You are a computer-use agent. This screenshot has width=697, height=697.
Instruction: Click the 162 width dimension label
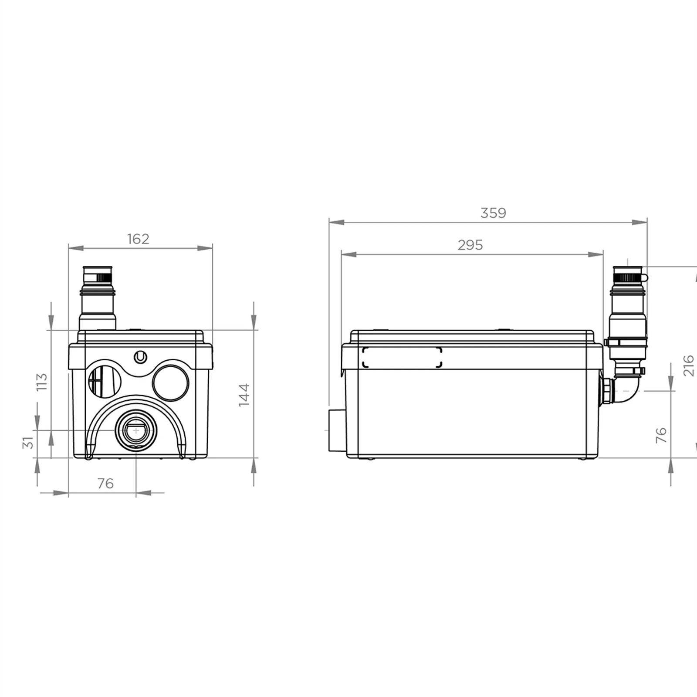[x=138, y=239]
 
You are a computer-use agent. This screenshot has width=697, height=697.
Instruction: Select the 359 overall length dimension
[x=493, y=213]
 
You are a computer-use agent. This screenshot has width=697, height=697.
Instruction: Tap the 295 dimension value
[x=470, y=245]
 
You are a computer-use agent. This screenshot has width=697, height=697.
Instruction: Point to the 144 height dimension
[x=244, y=395]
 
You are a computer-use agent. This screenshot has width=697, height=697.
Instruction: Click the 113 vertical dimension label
[x=41, y=382]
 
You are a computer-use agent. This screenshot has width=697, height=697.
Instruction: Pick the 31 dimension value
[x=28, y=442]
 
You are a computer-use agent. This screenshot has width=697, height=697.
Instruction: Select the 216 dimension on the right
[x=689, y=365]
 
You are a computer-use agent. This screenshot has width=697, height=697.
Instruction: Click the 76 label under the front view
[x=105, y=484]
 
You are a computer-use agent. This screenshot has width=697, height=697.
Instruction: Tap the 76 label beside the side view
[x=661, y=435]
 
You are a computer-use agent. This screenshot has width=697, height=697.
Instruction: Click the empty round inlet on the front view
[x=171, y=382]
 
